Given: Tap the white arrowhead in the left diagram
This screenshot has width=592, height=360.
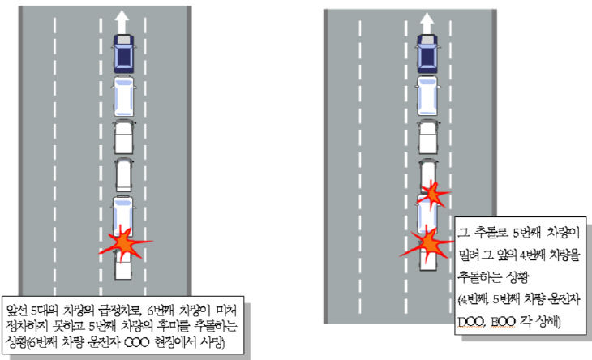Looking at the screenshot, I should (123, 16).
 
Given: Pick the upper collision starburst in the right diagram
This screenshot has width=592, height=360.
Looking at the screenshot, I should (433, 195).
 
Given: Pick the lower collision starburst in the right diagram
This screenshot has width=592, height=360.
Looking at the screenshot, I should (427, 242).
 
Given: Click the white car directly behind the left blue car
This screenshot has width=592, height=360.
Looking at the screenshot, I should (123, 96).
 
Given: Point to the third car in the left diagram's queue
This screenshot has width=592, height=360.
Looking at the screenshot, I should (123, 138).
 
